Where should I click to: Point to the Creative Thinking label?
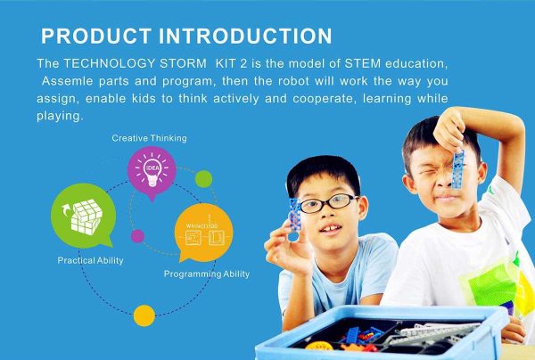pyautogui.click(x=150, y=138)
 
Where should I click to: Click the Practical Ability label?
pyautogui.click(x=91, y=260)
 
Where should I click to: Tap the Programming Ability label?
pyautogui.click(x=207, y=274)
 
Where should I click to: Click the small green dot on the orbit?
pyautogui.click(x=204, y=178)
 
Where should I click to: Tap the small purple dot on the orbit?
pyautogui.click(x=137, y=237)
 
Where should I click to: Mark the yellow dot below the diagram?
pyautogui.click(x=144, y=315)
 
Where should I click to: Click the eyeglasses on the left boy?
pyautogui.click(x=327, y=204)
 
